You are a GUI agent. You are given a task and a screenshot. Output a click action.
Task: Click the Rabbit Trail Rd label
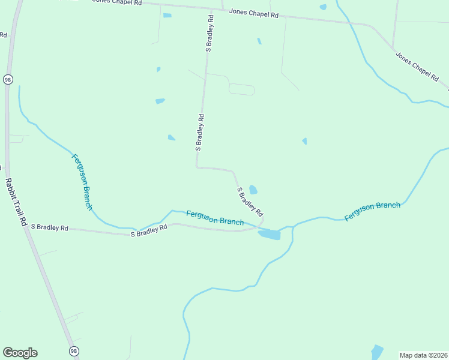point(16,202)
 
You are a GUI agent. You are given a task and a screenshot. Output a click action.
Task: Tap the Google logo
point(20,353)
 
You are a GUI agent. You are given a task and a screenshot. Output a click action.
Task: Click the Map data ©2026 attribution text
point(424,355)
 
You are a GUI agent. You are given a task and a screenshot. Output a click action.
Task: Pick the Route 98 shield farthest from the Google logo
point(8,79)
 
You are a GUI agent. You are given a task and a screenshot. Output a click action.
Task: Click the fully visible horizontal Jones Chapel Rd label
point(254,13)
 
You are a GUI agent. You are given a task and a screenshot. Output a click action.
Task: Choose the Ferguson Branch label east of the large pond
point(372,209)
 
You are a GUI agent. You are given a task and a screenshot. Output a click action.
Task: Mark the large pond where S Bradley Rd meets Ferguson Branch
point(270,234)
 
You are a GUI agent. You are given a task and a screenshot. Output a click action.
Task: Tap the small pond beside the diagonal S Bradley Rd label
point(253,190)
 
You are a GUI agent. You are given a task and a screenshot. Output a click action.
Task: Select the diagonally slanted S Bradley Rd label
point(250,202)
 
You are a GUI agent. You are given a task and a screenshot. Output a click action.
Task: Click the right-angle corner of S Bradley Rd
point(197,167)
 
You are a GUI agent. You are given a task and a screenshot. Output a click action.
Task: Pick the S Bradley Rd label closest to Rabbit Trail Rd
point(50,228)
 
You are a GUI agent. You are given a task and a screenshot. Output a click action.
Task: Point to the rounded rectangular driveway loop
point(241,89)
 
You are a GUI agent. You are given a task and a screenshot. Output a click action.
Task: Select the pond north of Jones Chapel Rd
point(323,7)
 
